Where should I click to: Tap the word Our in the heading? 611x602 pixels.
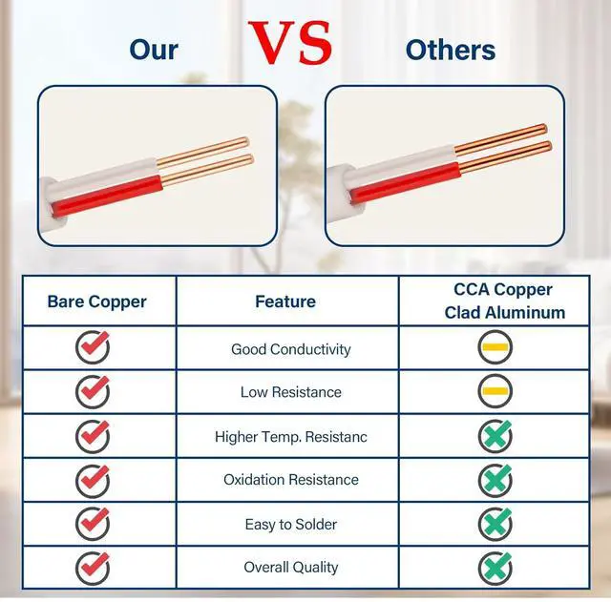point(154,50)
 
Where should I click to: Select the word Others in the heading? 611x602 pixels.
point(451,50)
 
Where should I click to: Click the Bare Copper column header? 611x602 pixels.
point(97,302)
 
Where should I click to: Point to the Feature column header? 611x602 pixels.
point(285,301)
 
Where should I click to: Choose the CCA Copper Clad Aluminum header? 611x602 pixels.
point(505,301)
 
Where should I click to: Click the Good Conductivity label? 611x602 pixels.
point(290,349)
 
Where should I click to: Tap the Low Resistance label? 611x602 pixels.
point(290,392)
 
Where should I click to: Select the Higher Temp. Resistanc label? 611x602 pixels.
point(290,437)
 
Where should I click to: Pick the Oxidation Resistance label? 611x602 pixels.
point(290,480)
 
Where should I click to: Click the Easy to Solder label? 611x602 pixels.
point(290,525)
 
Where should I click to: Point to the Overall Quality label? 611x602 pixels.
point(290,568)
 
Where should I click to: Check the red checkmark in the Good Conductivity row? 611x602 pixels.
point(93,346)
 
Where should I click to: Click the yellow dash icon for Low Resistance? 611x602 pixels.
point(495,391)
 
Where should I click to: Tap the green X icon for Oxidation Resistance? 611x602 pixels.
point(495,480)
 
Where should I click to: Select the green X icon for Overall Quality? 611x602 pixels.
point(495,569)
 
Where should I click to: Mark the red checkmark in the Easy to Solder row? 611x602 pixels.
point(93,524)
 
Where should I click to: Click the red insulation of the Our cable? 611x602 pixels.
point(107,197)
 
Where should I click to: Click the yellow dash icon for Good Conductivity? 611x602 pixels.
point(495,347)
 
